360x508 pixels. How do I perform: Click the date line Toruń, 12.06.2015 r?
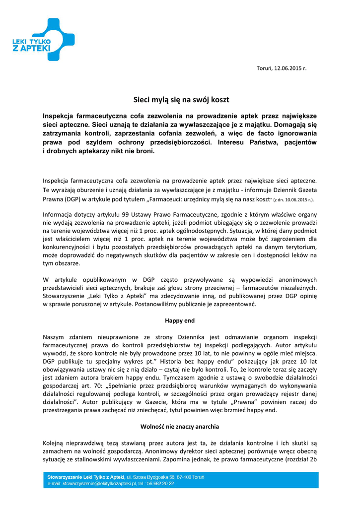click(x=281, y=68)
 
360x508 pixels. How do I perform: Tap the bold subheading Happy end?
click(x=180, y=320)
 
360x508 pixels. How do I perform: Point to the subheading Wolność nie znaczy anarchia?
click(x=180, y=426)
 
